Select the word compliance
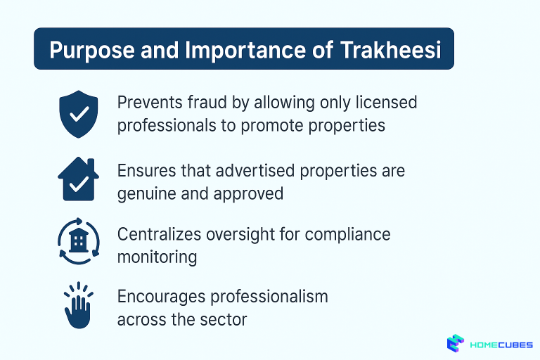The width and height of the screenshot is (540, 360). [x=347, y=233]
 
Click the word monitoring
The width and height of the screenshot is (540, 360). [x=157, y=257]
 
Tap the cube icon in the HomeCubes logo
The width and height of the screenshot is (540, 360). [x=456, y=343]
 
